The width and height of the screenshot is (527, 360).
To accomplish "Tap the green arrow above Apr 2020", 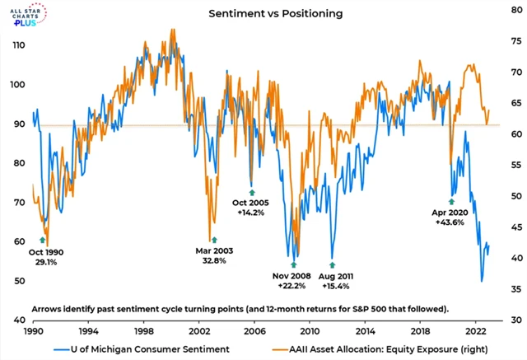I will [451, 201].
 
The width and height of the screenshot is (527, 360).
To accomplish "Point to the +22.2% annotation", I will [295, 285].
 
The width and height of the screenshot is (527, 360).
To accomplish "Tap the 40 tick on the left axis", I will [16, 320].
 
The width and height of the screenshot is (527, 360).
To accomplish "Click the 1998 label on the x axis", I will [143, 330].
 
